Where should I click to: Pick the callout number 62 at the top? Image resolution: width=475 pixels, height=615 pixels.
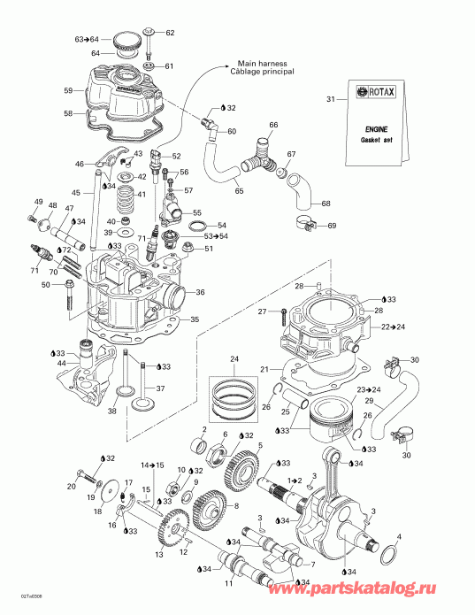(x=171, y=33)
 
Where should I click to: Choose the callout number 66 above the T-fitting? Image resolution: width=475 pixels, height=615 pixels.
(x=273, y=124)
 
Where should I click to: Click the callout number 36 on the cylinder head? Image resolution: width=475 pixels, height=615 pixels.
(x=200, y=293)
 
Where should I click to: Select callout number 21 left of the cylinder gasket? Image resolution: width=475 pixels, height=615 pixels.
(x=263, y=368)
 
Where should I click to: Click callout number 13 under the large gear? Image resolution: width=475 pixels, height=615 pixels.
(x=159, y=555)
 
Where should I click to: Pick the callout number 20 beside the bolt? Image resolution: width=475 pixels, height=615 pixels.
(x=71, y=486)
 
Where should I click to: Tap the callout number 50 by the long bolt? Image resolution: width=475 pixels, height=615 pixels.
(x=45, y=284)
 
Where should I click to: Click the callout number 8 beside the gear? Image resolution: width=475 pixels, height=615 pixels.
(x=236, y=505)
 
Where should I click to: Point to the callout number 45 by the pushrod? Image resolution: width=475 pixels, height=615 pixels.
(x=76, y=195)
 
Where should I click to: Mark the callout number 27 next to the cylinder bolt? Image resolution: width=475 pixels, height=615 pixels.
(x=262, y=311)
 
